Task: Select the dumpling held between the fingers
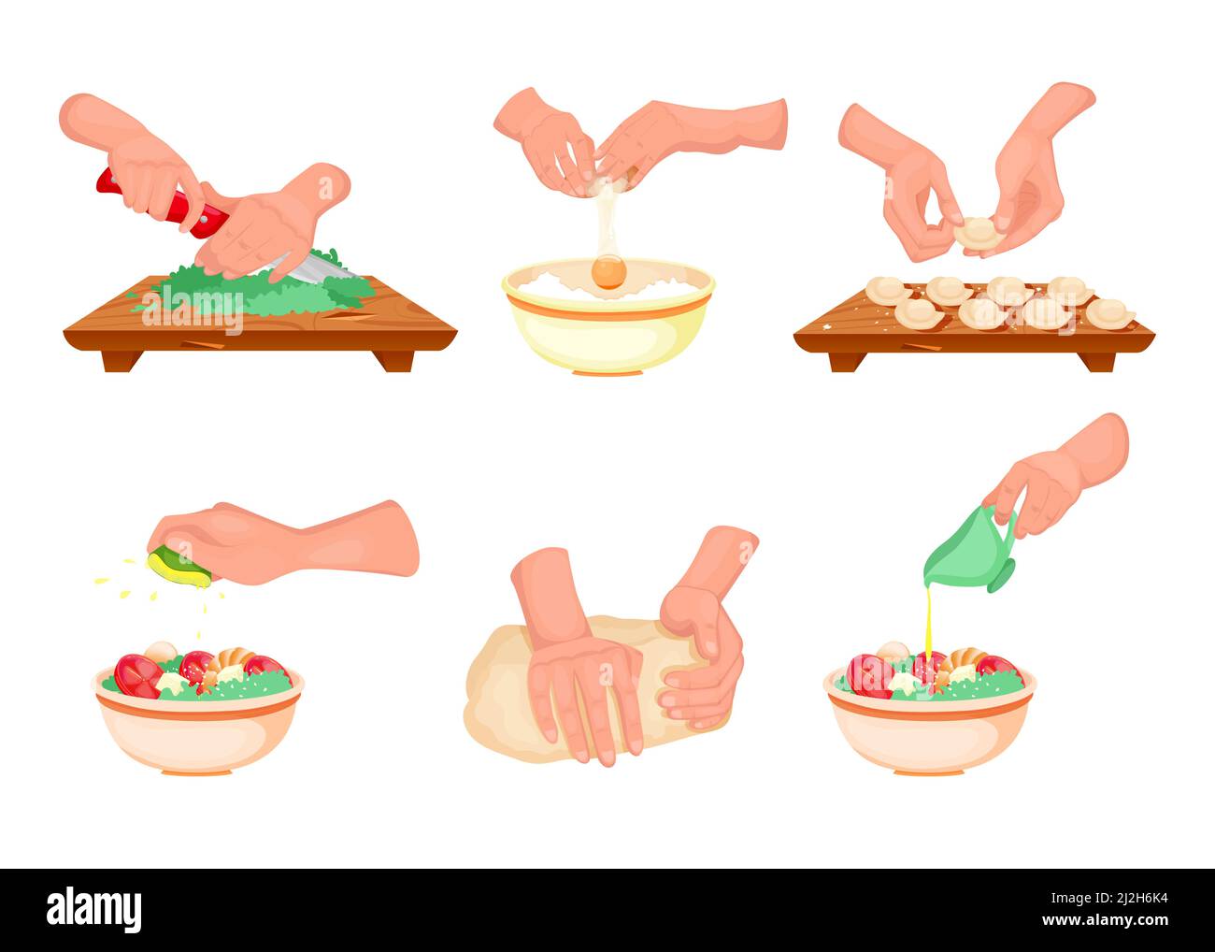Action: click(976, 233)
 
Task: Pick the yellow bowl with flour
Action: click(607, 327)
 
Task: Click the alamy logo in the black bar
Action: click(94, 908)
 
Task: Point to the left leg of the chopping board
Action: click(122, 360)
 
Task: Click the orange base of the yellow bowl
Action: click(607, 370)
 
